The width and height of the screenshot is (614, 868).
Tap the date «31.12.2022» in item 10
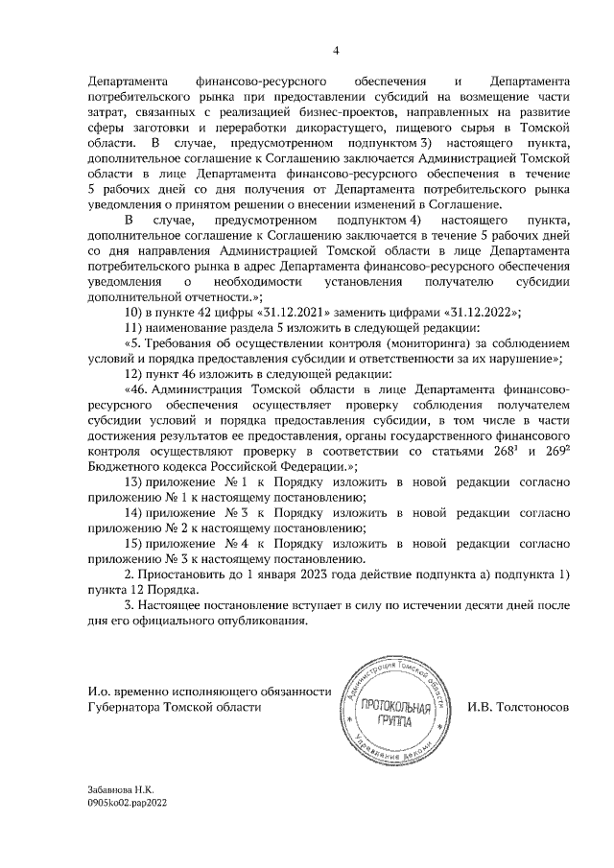(x=480, y=313)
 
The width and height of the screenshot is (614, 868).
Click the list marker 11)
(x=134, y=328)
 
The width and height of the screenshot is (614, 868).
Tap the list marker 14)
(x=134, y=512)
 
